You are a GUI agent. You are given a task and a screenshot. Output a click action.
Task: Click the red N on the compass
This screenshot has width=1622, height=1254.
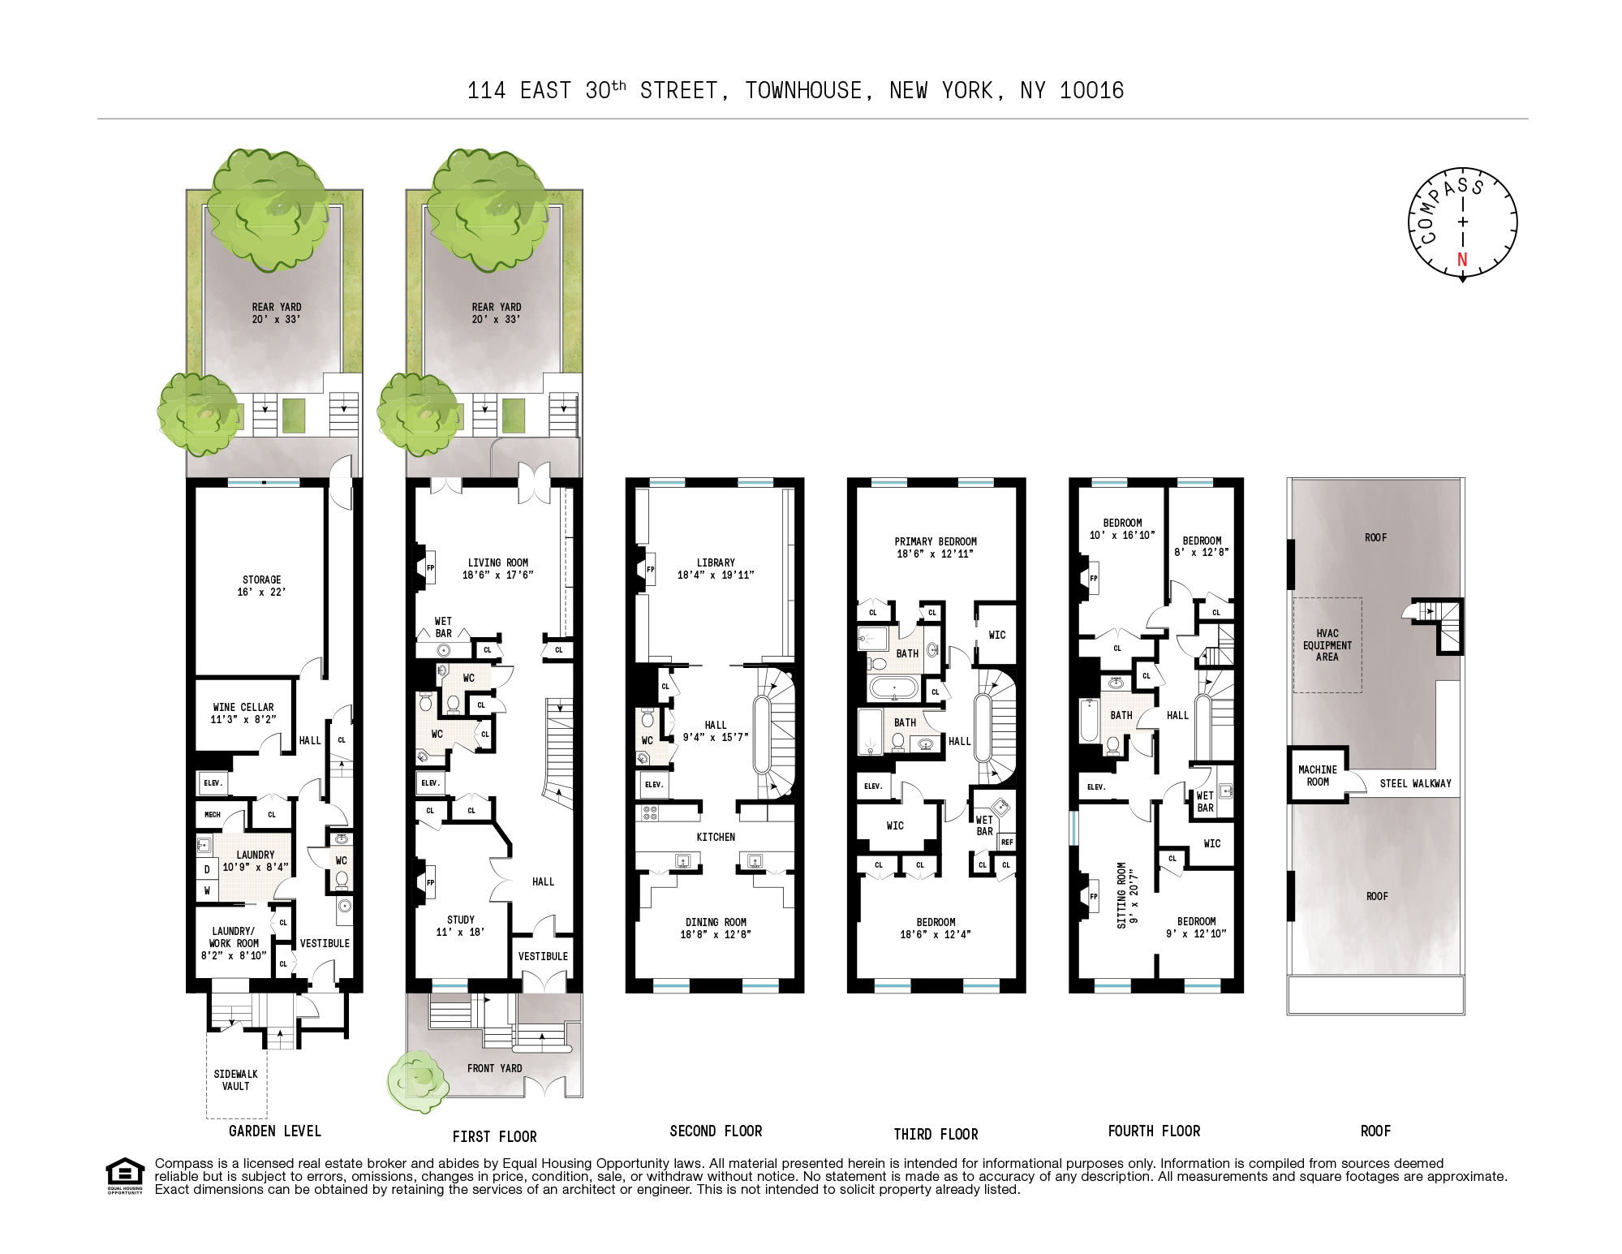(x=1462, y=260)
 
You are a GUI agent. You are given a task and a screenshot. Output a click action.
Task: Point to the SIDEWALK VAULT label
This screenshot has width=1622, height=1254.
(x=236, y=1080)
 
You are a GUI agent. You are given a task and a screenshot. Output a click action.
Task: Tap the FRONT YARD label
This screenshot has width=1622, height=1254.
(x=495, y=1069)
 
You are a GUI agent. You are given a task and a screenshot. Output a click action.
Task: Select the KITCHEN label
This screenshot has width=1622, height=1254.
(x=716, y=838)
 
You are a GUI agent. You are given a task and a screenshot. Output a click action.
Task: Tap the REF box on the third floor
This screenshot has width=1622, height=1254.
(x=1007, y=842)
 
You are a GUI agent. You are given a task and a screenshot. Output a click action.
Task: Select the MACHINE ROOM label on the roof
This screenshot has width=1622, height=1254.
(x=1318, y=776)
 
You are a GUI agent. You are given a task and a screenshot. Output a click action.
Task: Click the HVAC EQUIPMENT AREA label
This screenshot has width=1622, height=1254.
(x=1327, y=645)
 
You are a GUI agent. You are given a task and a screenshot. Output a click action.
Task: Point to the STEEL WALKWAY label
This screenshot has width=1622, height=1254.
(x=1416, y=784)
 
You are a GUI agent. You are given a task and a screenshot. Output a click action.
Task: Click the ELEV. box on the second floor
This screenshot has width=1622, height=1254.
(x=654, y=785)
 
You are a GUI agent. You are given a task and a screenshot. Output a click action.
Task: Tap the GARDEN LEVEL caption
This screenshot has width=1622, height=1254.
(x=275, y=1131)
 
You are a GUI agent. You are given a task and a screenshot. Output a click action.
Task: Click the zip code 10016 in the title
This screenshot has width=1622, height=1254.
(x=1092, y=91)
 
